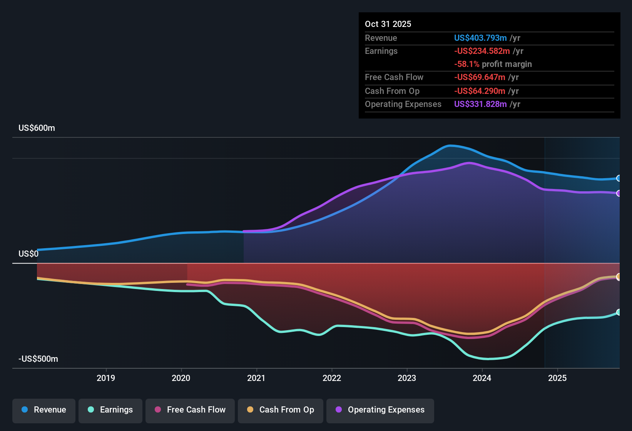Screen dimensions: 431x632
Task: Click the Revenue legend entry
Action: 44,410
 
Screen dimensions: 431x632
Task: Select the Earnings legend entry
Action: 110,410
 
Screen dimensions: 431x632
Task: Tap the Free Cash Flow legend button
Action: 190,410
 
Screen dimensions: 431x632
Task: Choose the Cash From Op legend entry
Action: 281,410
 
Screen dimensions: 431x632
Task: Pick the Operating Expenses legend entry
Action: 380,410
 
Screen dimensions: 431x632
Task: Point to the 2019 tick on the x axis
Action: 106,378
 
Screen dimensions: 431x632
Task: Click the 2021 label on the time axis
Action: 256,378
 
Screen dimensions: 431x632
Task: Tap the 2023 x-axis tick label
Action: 407,378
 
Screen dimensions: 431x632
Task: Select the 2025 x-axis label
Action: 557,378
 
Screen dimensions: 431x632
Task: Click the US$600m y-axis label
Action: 37,128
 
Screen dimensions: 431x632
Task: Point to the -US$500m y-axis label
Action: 38,359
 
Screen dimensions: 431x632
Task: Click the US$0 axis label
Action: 28,254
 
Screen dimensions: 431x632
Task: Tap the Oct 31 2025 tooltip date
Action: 388,24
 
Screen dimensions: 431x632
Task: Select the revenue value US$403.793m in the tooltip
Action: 480,38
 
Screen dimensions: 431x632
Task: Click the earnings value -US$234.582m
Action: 482,51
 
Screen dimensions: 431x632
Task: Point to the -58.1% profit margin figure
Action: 466,64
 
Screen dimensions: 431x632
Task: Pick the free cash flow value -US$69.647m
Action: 480,77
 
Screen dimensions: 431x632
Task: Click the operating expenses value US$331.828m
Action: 480,104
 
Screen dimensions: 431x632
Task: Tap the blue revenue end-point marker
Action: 619,178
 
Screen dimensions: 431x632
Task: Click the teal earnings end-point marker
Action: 619,312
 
